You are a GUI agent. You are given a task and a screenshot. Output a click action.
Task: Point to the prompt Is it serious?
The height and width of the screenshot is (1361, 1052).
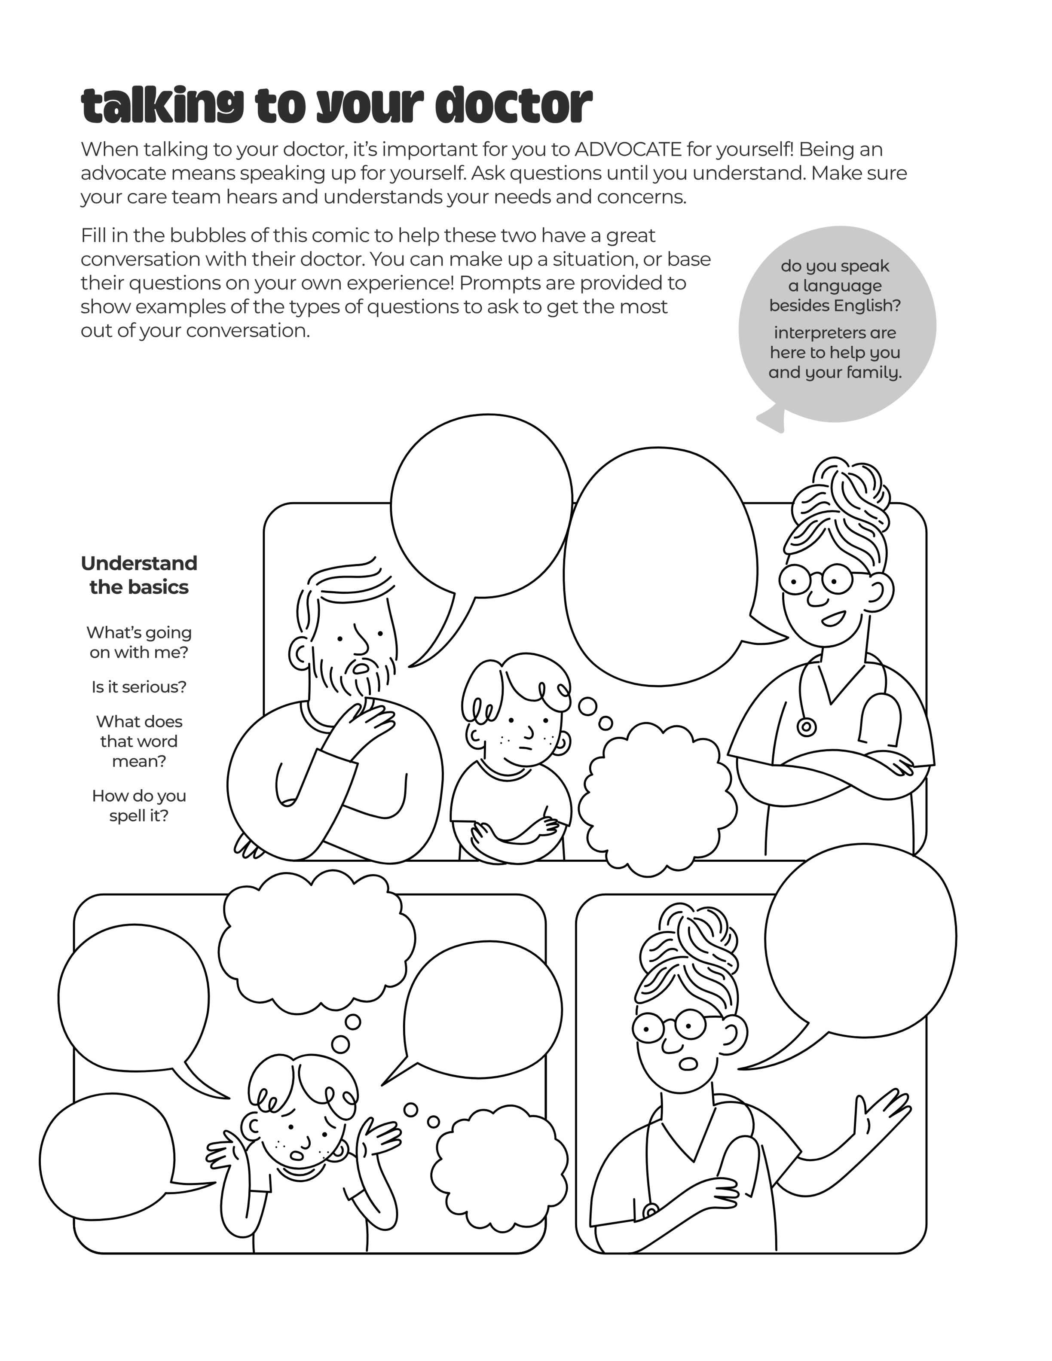[x=139, y=687]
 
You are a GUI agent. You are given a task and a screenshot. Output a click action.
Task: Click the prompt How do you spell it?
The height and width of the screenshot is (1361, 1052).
[x=139, y=806]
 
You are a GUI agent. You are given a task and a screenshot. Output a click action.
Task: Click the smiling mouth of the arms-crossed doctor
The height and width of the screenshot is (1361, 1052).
[x=833, y=619]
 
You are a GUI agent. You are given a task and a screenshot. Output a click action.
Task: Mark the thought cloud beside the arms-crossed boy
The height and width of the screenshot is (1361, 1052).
[x=657, y=800]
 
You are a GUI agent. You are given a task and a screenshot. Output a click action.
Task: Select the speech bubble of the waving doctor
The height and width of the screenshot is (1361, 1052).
[x=860, y=953]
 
